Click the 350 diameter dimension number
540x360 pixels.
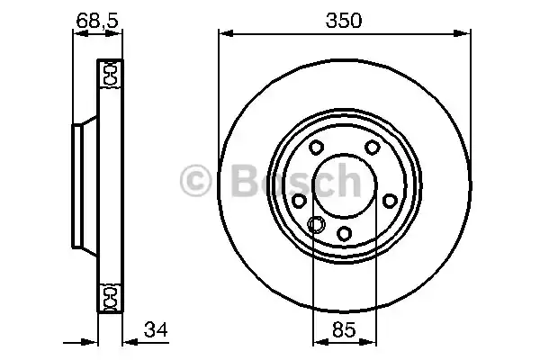click(x=344, y=20)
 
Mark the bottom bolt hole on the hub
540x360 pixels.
click(x=344, y=234)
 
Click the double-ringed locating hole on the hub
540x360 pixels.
click(x=316, y=224)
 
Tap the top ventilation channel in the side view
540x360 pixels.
click(x=111, y=74)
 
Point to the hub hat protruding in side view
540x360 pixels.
click(x=79, y=184)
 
